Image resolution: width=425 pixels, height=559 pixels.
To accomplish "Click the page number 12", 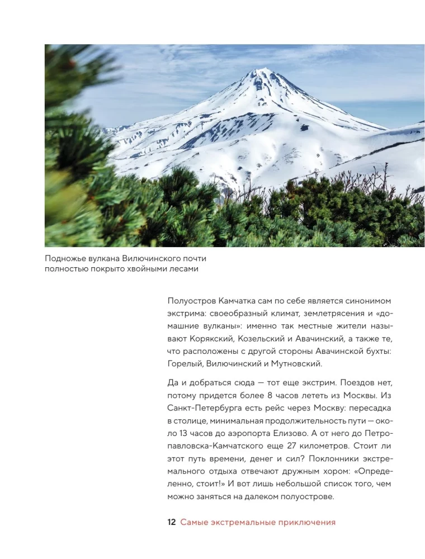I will [172, 523].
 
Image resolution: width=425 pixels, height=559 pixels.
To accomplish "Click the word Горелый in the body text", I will [185, 364].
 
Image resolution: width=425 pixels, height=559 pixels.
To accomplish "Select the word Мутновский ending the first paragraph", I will [298, 364].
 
